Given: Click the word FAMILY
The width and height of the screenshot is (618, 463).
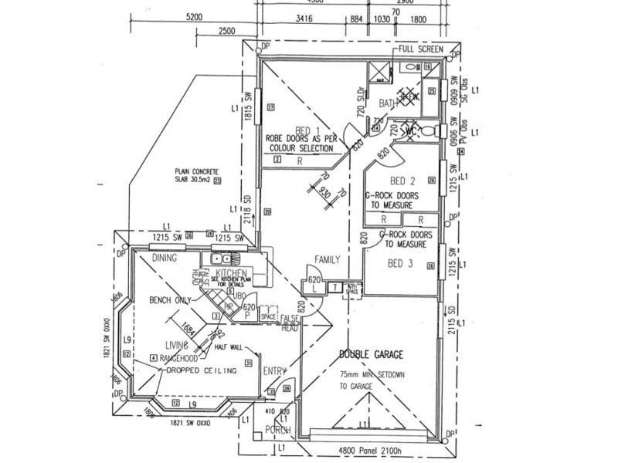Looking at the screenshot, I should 328,261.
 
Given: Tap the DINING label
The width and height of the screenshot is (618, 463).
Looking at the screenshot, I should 165,258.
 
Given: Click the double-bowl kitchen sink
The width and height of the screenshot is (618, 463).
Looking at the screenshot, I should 213,260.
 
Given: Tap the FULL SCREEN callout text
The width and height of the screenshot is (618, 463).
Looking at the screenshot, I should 420,49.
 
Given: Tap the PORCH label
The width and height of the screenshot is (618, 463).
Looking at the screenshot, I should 275,430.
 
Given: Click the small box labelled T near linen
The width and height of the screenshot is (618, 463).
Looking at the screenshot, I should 334,287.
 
